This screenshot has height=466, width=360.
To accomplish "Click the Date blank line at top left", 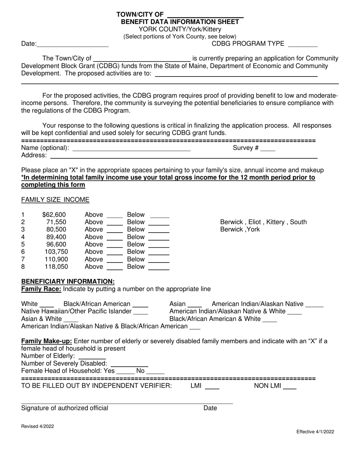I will (73, 45).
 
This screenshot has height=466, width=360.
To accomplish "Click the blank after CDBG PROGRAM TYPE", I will (303, 45).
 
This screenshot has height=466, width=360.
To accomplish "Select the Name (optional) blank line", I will (131, 149).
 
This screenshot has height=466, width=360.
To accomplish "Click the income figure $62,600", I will (54, 215).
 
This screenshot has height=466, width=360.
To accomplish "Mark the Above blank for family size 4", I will (115, 238).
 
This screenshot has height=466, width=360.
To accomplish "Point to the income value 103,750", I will (56, 252).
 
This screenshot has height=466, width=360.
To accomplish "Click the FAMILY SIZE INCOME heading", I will (55, 200).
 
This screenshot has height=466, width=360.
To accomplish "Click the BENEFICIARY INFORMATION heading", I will (68, 281).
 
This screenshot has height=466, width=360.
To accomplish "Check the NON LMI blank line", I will (290, 387).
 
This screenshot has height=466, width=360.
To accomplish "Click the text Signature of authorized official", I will (65, 408).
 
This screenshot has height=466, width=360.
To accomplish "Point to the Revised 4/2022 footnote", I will (38, 426).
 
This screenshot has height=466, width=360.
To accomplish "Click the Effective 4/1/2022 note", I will (315, 432).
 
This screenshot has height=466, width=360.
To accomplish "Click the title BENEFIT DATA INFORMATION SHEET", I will (180, 22).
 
